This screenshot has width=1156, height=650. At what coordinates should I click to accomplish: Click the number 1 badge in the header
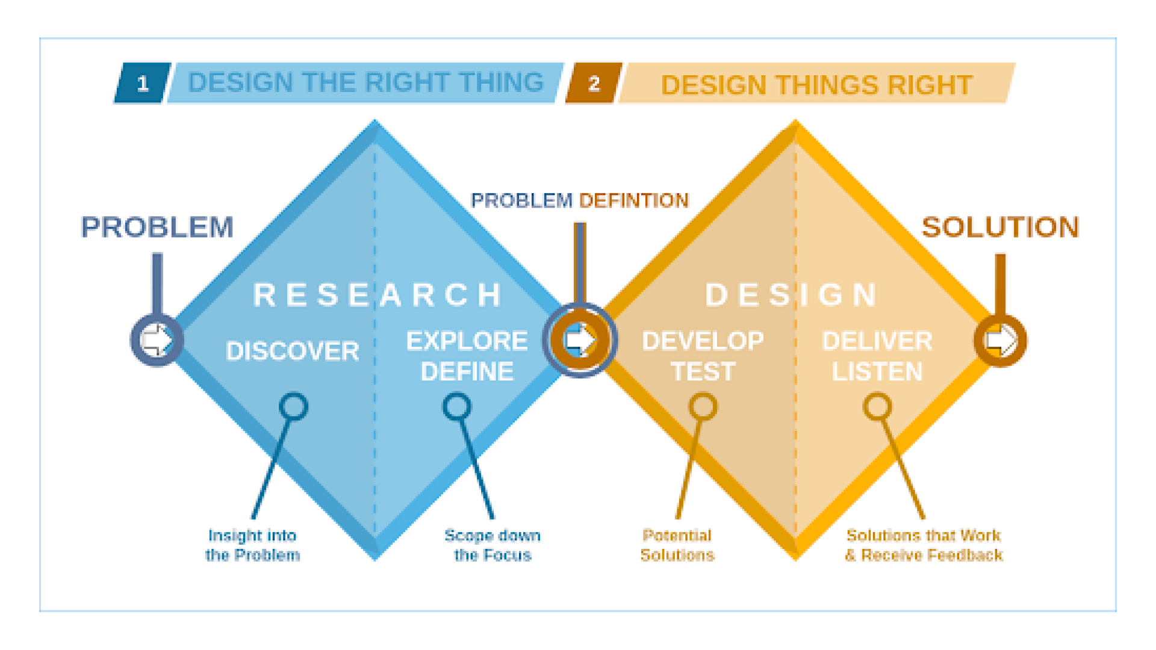pyautogui.click(x=143, y=83)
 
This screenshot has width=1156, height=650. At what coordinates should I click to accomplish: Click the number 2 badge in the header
pyautogui.click(x=594, y=83)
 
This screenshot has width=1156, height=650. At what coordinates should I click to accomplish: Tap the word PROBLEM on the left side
pyautogui.click(x=157, y=227)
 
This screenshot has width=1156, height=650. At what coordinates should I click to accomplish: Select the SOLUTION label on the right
pyautogui.click(x=1000, y=227)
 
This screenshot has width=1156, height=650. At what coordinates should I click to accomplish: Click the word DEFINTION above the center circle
pyautogui.click(x=634, y=200)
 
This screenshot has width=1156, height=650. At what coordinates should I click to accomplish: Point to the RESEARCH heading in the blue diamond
pyautogui.click(x=378, y=295)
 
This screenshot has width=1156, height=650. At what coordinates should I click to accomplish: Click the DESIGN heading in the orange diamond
pyautogui.click(x=791, y=295)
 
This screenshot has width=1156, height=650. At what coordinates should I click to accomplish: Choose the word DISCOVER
pyautogui.click(x=293, y=351)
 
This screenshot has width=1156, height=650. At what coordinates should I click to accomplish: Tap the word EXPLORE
pyautogui.click(x=467, y=341)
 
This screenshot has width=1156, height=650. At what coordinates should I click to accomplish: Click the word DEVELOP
pyautogui.click(x=703, y=341)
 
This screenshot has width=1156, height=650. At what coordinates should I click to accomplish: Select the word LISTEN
pyautogui.click(x=877, y=372)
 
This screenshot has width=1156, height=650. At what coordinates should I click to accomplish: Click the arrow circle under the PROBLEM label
pyautogui.click(x=157, y=340)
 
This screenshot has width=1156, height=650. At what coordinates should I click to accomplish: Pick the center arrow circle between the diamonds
pyautogui.click(x=580, y=340)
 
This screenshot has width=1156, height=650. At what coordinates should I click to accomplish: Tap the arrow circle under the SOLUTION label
pyautogui.click(x=1001, y=340)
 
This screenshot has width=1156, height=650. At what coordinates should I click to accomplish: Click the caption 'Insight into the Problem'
pyautogui.click(x=253, y=545)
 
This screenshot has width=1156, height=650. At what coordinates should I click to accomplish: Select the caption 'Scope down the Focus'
pyautogui.click(x=493, y=545)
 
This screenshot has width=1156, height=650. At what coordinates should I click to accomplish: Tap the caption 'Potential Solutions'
pyautogui.click(x=677, y=545)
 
